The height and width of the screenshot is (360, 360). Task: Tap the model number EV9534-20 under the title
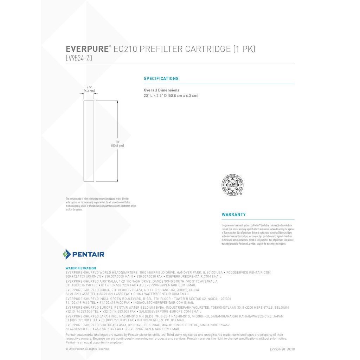click(79, 58)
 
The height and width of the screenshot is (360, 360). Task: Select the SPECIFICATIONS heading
click(161, 79)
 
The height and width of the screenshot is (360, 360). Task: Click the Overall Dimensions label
click(161, 90)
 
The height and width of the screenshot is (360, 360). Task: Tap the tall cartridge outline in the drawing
click(89, 141)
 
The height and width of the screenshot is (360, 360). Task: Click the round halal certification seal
click(232, 185)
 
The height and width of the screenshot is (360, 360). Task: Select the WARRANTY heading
click(233, 214)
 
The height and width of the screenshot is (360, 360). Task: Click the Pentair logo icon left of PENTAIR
click(66, 254)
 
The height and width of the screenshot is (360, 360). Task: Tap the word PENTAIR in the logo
click(88, 254)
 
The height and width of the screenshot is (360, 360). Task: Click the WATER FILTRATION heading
click(81, 268)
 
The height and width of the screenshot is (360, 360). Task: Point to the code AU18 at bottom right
click(291, 349)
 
